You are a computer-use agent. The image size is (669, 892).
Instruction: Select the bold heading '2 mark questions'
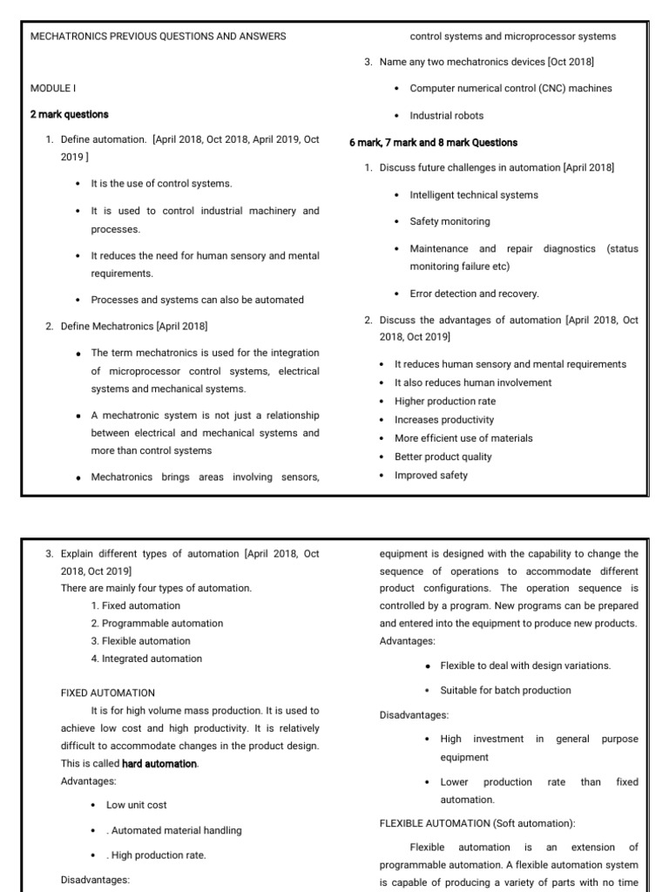click(x=70, y=114)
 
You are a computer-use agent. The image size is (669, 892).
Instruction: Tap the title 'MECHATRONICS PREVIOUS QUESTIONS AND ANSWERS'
click(x=158, y=37)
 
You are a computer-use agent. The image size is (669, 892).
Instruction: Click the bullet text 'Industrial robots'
click(x=446, y=115)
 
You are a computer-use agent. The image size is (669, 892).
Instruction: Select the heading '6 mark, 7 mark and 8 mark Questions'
click(x=433, y=142)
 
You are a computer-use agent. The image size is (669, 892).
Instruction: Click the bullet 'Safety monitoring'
click(x=449, y=221)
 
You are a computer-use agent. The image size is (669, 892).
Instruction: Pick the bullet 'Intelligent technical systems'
click(x=474, y=195)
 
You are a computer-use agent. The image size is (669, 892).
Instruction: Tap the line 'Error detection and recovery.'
click(x=474, y=294)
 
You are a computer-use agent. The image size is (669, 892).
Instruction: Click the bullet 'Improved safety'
click(x=430, y=475)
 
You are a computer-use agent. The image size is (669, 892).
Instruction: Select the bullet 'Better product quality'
click(x=443, y=456)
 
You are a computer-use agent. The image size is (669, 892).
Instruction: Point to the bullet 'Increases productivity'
click(x=443, y=419)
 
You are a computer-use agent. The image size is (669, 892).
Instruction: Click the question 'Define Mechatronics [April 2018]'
click(x=134, y=326)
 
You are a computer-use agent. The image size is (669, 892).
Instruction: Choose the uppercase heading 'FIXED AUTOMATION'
click(x=108, y=693)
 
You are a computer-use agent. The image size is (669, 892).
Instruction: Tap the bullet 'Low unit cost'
click(x=136, y=805)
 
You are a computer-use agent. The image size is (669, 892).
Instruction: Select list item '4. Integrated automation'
click(x=145, y=659)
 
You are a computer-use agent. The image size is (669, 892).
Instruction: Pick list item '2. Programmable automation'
click(x=157, y=624)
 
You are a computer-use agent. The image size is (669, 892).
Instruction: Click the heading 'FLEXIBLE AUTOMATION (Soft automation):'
click(x=477, y=823)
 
